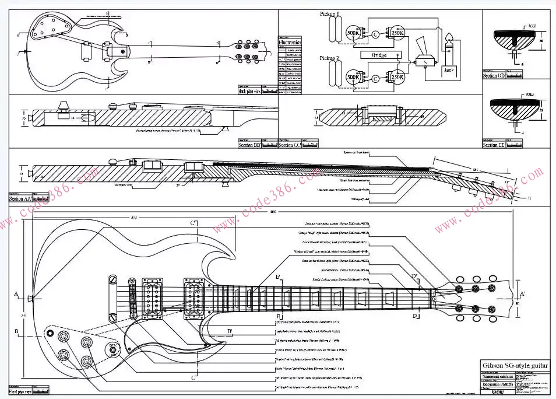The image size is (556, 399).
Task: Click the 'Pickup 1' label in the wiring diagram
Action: [331, 13]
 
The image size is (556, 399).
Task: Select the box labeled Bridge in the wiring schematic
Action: [374, 55]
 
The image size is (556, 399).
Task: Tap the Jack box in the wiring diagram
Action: [448, 69]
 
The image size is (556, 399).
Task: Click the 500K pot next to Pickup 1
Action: [353, 33]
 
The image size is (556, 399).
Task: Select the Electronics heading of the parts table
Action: [290, 43]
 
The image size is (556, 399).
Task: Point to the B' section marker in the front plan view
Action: [230, 331]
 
